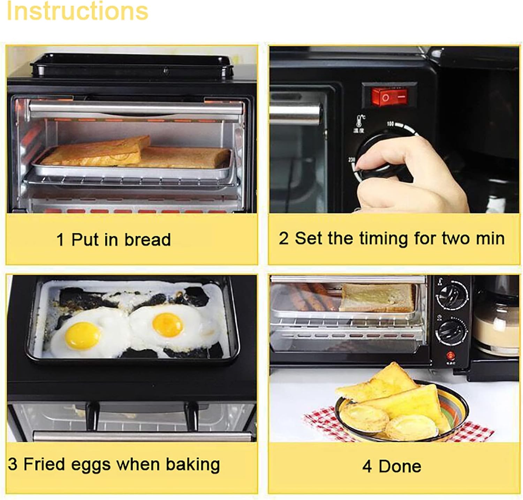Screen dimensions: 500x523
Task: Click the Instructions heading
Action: click(x=77, y=11)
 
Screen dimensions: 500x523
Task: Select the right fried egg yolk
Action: click(x=168, y=324)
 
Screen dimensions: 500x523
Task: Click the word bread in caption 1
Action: click(x=147, y=240)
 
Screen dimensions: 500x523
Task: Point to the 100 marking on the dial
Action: click(x=390, y=124)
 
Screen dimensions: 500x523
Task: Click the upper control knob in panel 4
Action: click(x=452, y=293)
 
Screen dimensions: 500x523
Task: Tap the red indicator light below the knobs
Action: click(x=451, y=356)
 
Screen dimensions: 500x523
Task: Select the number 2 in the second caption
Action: click(x=283, y=239)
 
